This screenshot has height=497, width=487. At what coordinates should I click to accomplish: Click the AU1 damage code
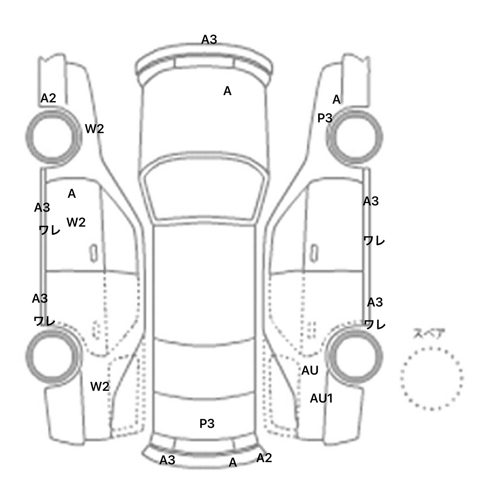(x=321, y=398)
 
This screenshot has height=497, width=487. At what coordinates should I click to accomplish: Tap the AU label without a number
(x=310, y=371)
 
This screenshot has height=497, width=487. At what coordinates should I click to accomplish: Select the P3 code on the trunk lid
(x=207, y=423)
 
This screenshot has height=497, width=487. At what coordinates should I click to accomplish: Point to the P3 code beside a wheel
(x=325, y=118)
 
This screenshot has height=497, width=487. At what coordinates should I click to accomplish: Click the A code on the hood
(x=227, y=91)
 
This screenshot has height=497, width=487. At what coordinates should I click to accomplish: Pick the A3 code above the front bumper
(x=209, y=40)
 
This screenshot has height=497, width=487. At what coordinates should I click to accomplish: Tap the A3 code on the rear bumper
(x=167, y=460)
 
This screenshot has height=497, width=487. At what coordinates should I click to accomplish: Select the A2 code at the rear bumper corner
(x=264, y=458)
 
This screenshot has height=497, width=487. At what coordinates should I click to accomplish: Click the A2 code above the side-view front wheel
(x=49, y=98)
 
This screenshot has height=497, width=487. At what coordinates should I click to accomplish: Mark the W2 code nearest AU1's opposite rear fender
(x=100, y=386)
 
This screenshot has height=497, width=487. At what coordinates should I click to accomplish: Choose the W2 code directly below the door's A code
(x=76, y=223)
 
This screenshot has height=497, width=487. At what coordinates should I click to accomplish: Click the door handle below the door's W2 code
(x=93, y=253)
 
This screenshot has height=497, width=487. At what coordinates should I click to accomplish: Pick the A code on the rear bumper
(x=233, y=463)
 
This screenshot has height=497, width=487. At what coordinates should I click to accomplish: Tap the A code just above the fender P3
(x=336, y=100)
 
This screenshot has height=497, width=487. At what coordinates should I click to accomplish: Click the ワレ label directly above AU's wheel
(x=375, y=324)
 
